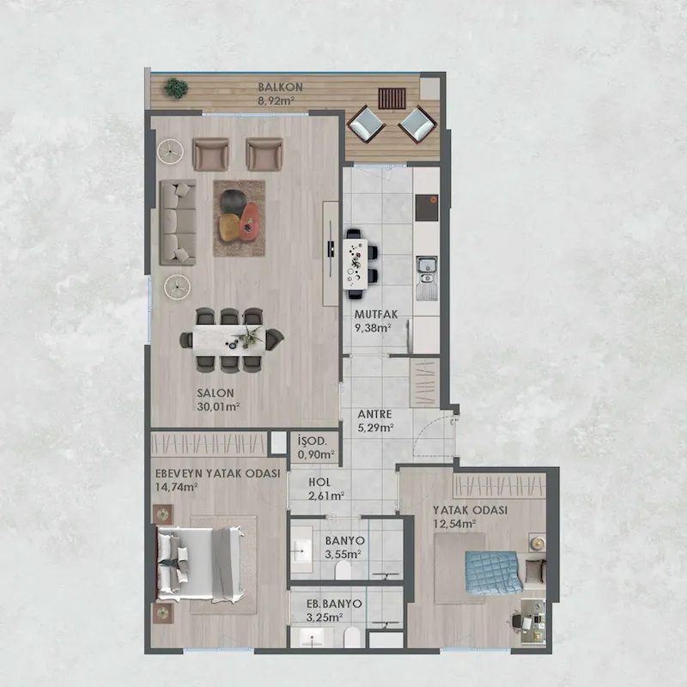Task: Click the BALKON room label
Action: (281, 87)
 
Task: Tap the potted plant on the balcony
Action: (176, 88)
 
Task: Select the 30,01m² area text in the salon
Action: (218, 406)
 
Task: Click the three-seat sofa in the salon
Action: (178, 222)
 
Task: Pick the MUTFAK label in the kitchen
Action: (376, 314)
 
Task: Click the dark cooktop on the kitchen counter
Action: (426, 208)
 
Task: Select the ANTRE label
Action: (374, 414)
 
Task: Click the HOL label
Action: (319, 483)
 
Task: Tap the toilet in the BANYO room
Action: (343, 570)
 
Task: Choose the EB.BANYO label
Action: (334, 604)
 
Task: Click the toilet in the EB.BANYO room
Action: (352, 637)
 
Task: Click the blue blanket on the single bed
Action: (494, 573)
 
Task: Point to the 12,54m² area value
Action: (455, 524)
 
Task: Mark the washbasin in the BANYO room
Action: (301, 549)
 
